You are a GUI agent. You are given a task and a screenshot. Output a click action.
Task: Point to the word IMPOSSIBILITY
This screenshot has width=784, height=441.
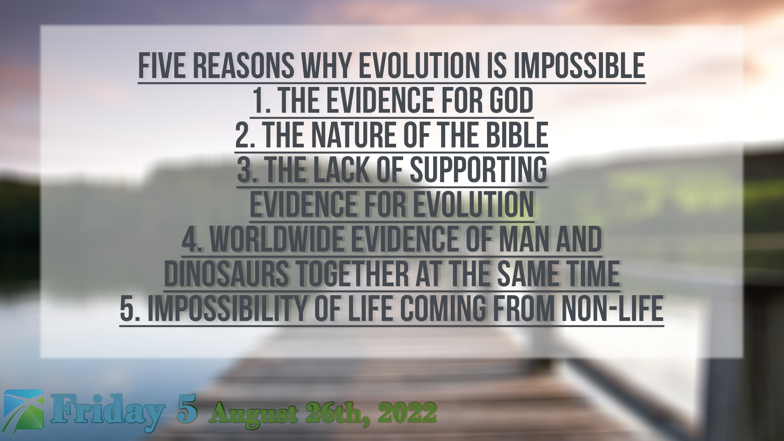tap(227, 308)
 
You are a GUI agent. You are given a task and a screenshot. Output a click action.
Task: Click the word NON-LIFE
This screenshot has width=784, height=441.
tap(612, 308)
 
